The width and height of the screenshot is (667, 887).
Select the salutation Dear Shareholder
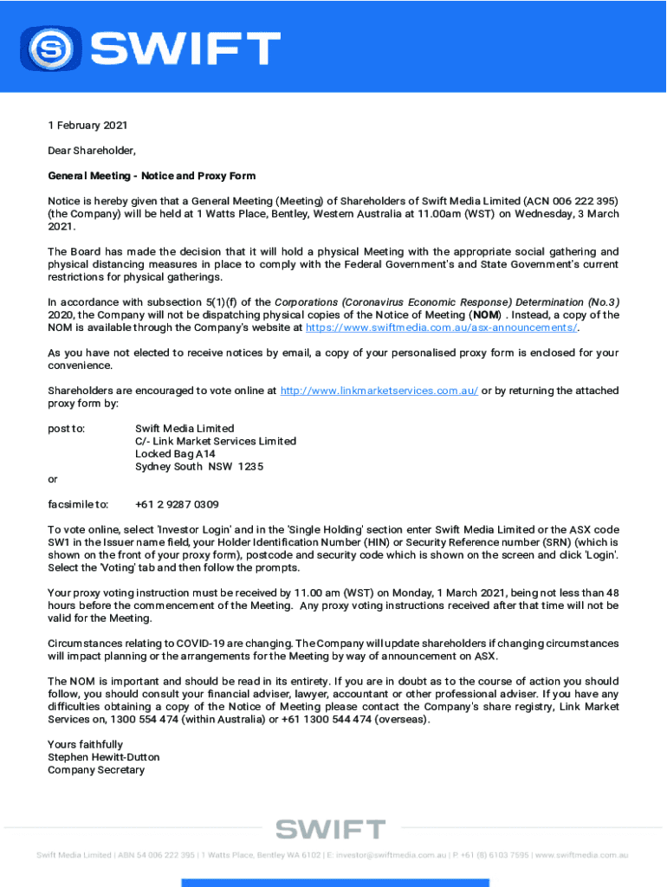tap(92, 151)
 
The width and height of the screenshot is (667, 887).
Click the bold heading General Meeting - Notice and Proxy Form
tap(152, 176)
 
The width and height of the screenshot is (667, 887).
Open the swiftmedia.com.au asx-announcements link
tap(442, 327)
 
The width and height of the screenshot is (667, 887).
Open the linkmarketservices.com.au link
tap(379, 391)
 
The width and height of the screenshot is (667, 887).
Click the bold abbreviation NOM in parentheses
tap(485, 314)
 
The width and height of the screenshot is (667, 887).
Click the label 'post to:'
tap(67, 429)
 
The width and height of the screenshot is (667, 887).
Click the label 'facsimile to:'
tap(78, 504)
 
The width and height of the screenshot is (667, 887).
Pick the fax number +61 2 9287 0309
tap(177, 504)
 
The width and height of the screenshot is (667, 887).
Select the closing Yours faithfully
tap(85, 744)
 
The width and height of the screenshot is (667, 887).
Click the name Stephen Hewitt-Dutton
tap(103, 757)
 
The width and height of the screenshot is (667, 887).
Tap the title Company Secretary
tap(96, 770)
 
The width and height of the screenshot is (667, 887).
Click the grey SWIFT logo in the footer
tap(330, 829)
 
